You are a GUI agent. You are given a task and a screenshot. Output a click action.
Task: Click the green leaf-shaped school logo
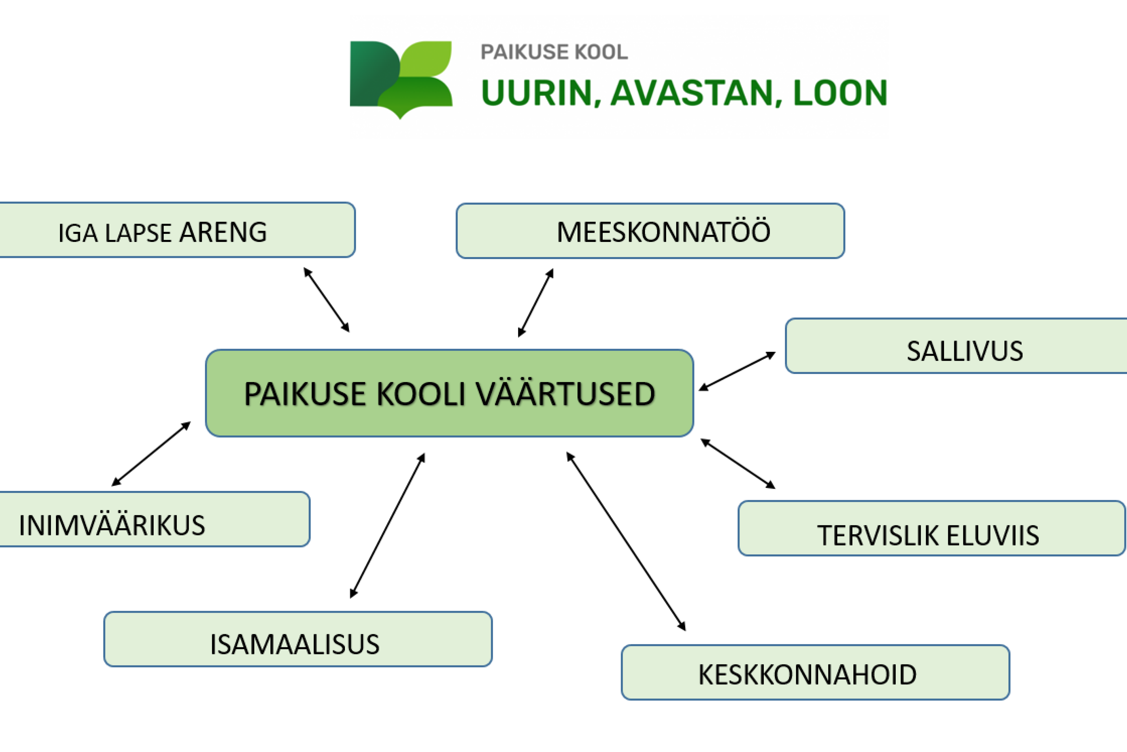401,79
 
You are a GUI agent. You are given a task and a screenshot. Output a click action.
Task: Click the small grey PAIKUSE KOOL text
554,52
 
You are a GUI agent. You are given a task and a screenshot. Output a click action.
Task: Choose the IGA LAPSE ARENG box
177,230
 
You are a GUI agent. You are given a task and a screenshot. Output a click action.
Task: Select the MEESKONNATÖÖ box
650,231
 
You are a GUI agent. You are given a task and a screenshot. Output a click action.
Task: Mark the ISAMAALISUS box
298,639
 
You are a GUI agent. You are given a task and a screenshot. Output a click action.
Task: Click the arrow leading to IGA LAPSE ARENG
326,300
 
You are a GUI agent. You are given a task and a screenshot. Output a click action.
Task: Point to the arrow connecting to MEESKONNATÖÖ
536,303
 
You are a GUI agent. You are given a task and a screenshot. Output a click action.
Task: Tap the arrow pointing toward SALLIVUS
737,371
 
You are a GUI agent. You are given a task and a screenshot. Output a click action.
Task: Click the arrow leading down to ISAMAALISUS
388,526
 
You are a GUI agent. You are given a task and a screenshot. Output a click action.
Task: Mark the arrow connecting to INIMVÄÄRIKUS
151,454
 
